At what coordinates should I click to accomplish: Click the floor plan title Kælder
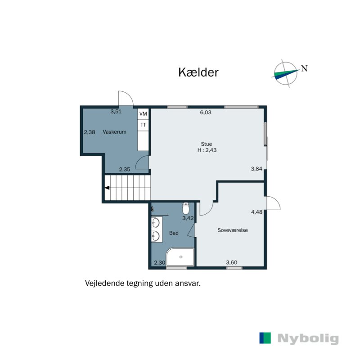198,72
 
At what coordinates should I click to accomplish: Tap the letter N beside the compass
305,69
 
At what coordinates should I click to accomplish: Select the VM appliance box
143,114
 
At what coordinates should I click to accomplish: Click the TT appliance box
143,125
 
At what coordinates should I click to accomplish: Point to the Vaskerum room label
114,132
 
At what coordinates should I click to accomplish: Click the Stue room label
207,144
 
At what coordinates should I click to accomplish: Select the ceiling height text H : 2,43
207,150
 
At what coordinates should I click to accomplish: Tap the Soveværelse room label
233,230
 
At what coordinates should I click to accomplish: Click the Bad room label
174,233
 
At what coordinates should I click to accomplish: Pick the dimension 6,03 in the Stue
206,113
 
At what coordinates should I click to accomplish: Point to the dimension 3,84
256,169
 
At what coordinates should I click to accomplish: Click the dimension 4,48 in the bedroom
256,212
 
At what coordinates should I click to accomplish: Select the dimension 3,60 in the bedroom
231,262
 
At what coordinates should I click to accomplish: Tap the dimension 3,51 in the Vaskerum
116,112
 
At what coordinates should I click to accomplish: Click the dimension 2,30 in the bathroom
159,262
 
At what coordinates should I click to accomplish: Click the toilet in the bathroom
185,209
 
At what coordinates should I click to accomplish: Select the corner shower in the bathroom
180,257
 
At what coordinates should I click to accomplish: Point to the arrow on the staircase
108,189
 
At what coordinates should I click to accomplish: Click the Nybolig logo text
308,339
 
